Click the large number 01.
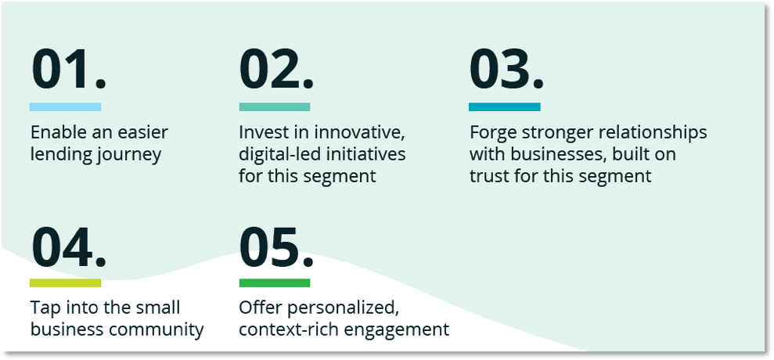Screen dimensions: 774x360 (x=69, y=70)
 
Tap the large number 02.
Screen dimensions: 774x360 (x=276, y=70)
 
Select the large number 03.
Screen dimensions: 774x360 (x=506, y=70)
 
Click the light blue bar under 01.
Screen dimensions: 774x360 (x=65, y=106)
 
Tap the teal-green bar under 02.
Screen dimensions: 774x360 (x=275, y=106)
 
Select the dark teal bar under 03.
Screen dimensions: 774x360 (x=505, y=106)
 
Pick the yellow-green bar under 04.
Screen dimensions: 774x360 (x=65, y=283)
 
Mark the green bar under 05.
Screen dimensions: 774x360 (x=275, y=283)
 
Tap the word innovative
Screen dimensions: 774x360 (x=360, y=133)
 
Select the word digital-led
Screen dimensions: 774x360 (x=278, y=155)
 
